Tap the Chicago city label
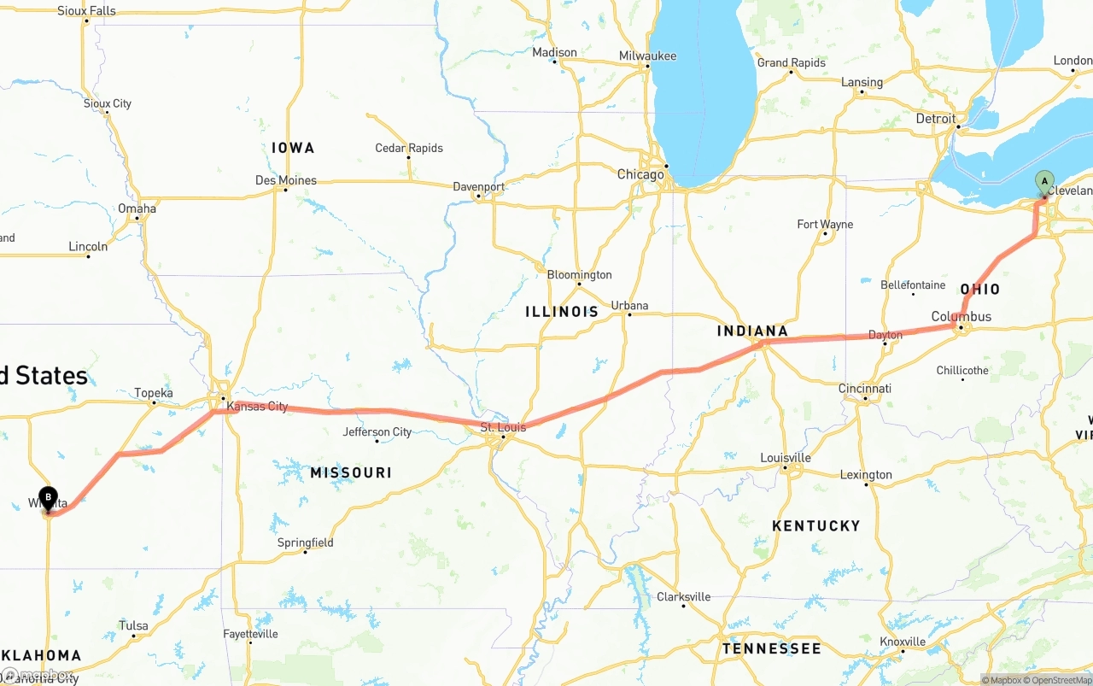(x=640, y=174)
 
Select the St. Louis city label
(x=503, y=426)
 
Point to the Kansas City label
(x=257, y=407)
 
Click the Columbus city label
(x=961, y=316)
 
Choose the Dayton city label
(x=886, y=335)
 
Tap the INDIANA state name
(x=752, y=331)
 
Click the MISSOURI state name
(x=351, y=472)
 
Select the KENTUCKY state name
(x=815, y=525)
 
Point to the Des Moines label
(x=286, y=180)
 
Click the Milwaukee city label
(x=647, y=56)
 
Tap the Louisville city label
(x=786, y=458)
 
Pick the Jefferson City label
(x=377, y=431)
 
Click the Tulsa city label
(x=133, y=625)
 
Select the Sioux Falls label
(x=86, y=11)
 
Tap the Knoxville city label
(x=903, y=642)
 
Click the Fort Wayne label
(x=825, y=224)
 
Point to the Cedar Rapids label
(x=409, y=148)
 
